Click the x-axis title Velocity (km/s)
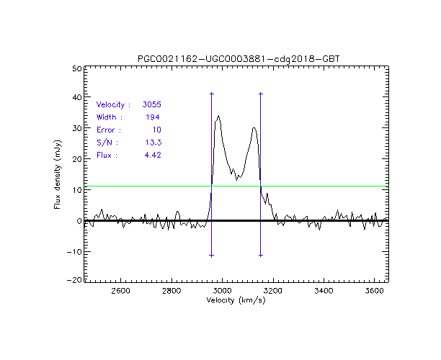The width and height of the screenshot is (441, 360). pos(236,300)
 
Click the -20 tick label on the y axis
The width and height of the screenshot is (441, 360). pos(72,282)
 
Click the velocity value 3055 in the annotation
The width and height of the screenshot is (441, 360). pos(151,104)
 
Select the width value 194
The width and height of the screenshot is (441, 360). pos(152,117)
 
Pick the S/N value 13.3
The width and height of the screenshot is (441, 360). pos(151,142)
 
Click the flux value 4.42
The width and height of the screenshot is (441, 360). pos(151,155)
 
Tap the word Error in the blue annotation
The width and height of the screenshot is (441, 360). pos(106,130)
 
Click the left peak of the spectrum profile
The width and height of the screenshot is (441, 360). pos(218,115)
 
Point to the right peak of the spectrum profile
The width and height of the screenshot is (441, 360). pos(254,128)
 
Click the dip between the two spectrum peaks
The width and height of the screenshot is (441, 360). pos(237,178)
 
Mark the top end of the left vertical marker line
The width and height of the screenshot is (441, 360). pos(211,94)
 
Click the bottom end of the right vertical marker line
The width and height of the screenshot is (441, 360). pos(260,255)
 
